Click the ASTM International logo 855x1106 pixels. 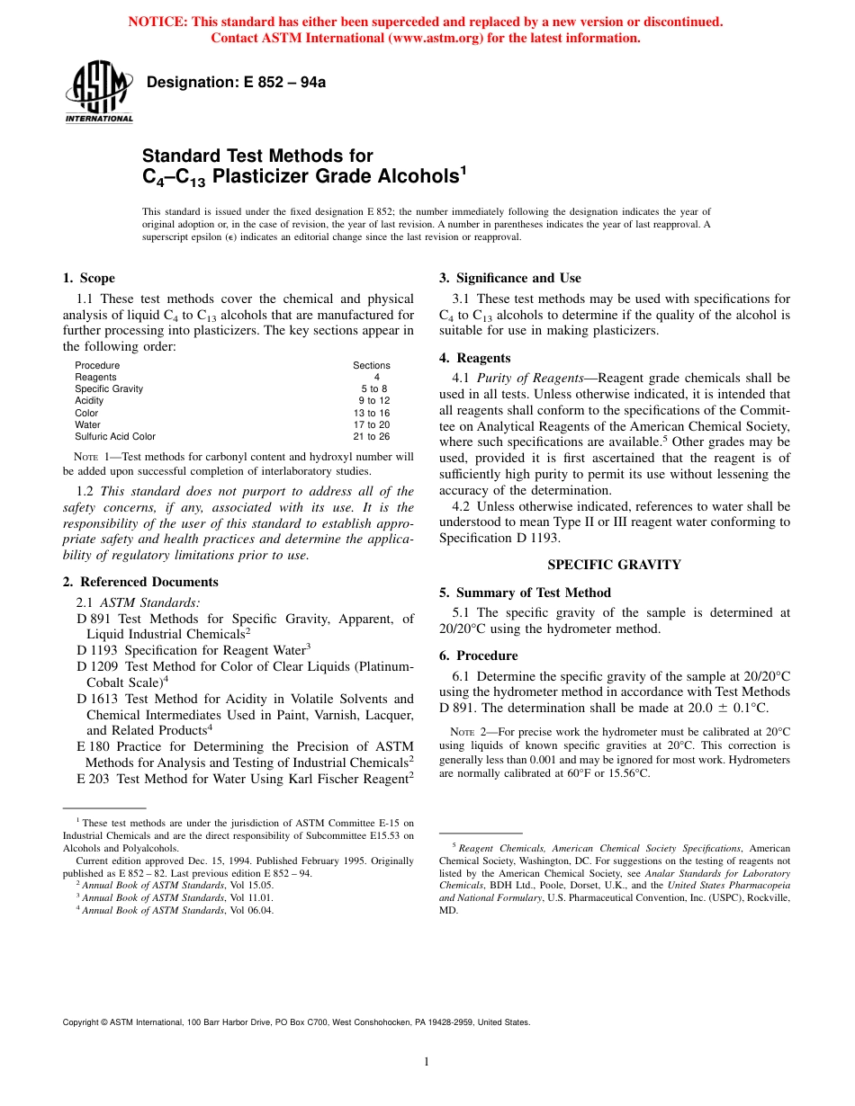(x=98, y=93)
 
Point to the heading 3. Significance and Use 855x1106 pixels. (x=509, y=278)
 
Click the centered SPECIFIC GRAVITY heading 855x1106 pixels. (x=614, y=565)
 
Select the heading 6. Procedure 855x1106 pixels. (x=478, y=656)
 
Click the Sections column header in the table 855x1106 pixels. (x=372, y=365)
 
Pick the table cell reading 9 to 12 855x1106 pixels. (x=373, y=401)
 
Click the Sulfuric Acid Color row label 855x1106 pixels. (x=115, y=436)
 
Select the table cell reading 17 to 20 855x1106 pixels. (x=372, y=424)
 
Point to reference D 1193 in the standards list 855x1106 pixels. (x=97, y=649)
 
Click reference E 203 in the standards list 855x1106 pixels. (x=94, y=779)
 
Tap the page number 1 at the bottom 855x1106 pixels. (x=427, y=1062)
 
